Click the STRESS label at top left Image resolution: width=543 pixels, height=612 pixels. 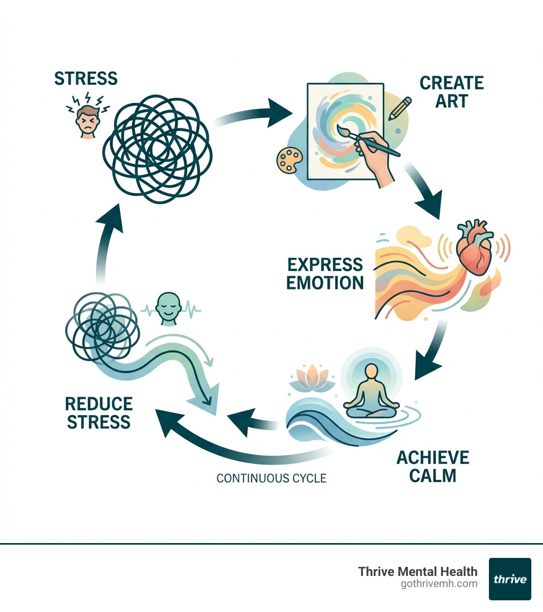[85, 78]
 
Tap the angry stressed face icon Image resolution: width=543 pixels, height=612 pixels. [86, 121]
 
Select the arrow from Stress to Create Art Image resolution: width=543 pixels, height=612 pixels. [260, 112]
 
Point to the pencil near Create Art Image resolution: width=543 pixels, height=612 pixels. [400, 108]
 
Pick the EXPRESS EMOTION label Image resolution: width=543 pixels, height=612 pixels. [325, 273]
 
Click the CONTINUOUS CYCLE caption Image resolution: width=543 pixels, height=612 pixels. [271, 478]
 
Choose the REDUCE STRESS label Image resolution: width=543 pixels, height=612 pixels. [99, 413]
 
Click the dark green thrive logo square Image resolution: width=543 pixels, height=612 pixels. [510, 579]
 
